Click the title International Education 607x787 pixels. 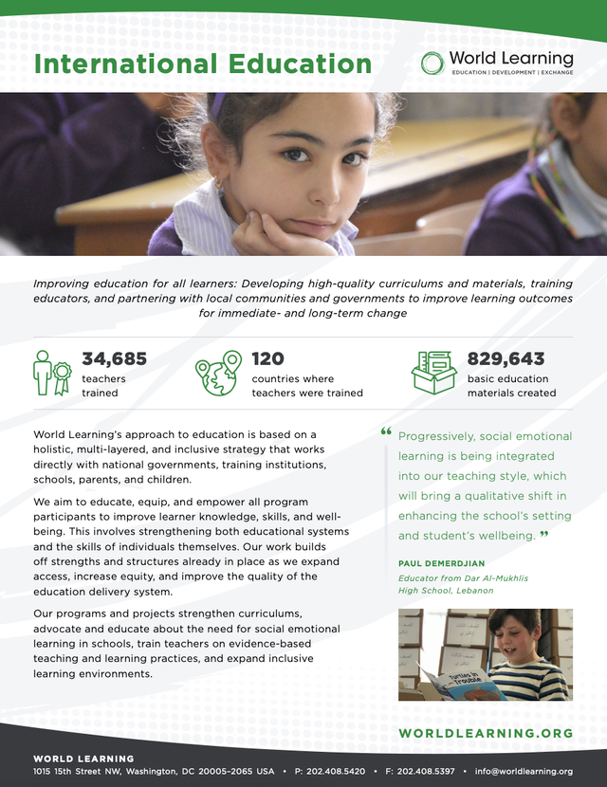tap(202, 64)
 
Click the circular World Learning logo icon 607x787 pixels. tap(433, 63)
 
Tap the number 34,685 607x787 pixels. tap(114, 358)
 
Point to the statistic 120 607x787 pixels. tap(267, 358)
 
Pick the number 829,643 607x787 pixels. tap(506, 358)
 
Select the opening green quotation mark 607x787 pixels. tap(386, 432)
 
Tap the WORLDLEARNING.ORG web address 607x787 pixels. tap(486, 733)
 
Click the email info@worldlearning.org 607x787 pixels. tap(524, 772)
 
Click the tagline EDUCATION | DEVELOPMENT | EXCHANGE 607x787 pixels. tap(512, 72)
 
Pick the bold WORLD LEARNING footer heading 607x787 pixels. tap(83, 759)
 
